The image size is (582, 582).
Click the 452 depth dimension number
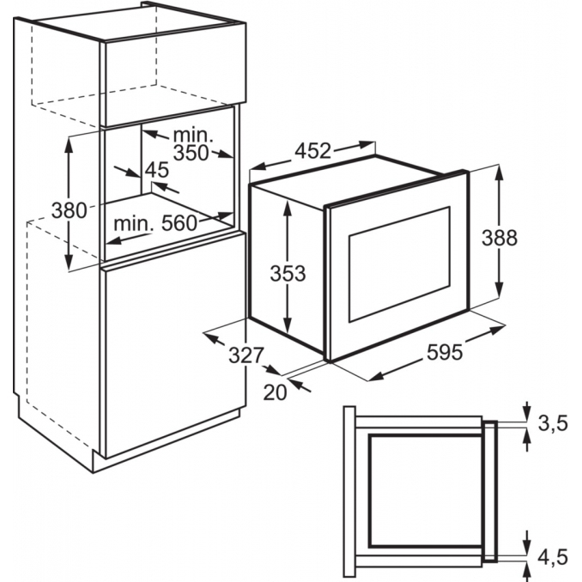tap(312, 151)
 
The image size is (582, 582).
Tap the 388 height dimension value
tap(500, 238)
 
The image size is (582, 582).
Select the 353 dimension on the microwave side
tap(288, 273)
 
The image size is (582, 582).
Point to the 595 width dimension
tap(445, 352)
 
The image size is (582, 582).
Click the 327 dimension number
tap(246, 355)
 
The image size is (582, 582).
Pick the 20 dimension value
tap(275, 392)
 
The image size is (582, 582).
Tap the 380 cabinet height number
tap(69, 210)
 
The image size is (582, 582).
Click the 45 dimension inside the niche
tap(157, 170)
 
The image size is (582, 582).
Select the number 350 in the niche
tap(191, 153)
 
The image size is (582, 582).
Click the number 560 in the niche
tap(179, 223)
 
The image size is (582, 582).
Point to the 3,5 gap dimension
tap(553, 423)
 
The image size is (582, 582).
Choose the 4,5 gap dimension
tap(553, 557)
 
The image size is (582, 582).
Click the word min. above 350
tap(193, 135)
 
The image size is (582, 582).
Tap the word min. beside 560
tap(134, 224)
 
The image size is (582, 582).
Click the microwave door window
tap(399, 264)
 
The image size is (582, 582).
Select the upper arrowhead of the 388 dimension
tap(500, 173)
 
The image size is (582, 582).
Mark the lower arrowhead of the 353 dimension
tap(287, 326)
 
